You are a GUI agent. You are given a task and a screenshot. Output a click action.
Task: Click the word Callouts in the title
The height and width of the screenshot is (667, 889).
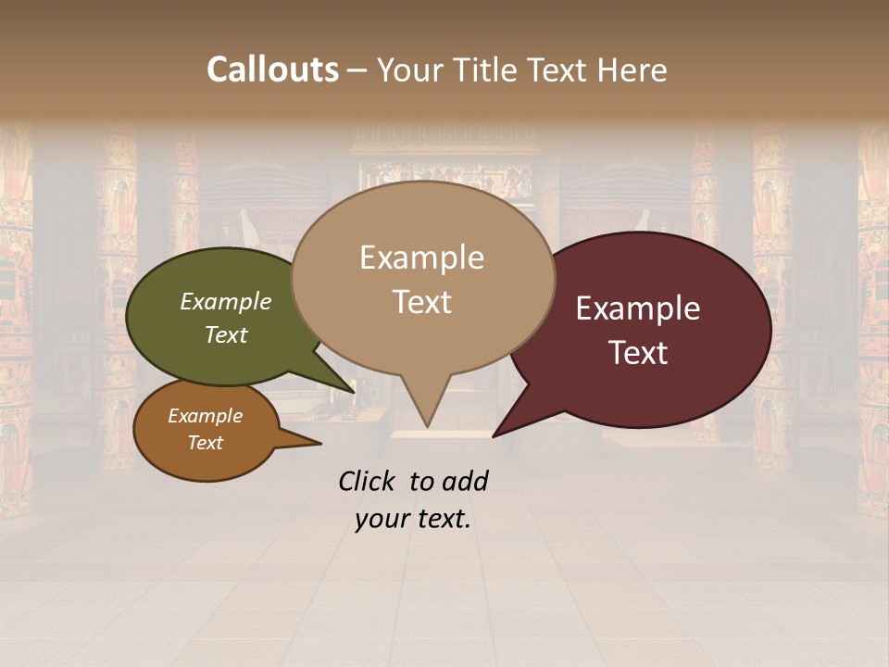[272, 69]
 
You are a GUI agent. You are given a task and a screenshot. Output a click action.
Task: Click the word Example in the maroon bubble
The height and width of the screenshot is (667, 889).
[638, 308]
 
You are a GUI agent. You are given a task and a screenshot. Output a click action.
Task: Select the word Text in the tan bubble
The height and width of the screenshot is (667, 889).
[422, 302]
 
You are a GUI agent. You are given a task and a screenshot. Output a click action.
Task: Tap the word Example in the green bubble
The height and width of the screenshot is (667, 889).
[226, 301]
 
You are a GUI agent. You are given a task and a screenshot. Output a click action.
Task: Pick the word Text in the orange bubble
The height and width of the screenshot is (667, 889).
[206, 443]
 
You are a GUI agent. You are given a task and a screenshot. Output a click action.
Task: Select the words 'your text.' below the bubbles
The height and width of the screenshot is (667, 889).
[413, 519]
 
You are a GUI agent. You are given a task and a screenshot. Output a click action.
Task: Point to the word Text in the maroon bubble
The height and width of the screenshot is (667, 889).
[639, 353]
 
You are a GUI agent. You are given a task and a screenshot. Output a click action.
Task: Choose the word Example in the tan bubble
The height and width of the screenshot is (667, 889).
[422, 258]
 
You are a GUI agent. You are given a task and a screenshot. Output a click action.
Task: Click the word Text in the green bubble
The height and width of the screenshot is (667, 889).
[226, 334]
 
